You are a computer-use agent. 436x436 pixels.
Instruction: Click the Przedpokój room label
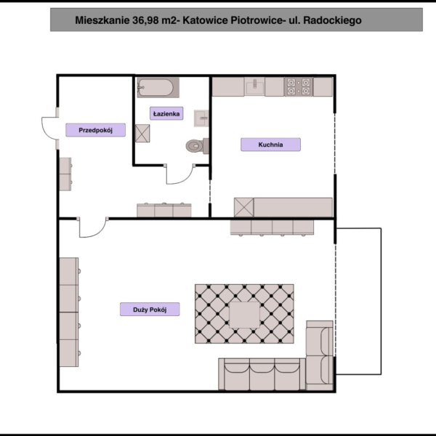click(95, 130)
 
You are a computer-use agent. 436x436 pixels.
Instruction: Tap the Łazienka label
click(166, 113)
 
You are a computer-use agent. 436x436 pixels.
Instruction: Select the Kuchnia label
click(270, 145)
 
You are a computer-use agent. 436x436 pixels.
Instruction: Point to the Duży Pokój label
click(150, 310)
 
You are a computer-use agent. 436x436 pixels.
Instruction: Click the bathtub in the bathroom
click(158, 88)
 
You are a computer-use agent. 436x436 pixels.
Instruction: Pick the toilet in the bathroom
click(198, 146)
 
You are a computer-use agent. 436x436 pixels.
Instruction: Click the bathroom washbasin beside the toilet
click(201, 118)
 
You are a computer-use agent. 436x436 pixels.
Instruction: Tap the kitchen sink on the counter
click(254, 86)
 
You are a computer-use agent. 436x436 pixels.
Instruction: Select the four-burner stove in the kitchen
click(299, 86)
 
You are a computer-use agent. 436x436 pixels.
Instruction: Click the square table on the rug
click(244, 315)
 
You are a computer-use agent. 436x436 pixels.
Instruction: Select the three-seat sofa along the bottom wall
click(262, 374)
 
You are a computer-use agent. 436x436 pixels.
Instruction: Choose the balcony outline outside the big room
click(381, 302)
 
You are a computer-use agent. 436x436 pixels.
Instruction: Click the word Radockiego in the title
click(332, 20)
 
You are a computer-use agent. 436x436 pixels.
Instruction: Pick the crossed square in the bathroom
click(142, 134)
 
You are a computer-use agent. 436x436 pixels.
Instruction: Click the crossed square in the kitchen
click(244, 207)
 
